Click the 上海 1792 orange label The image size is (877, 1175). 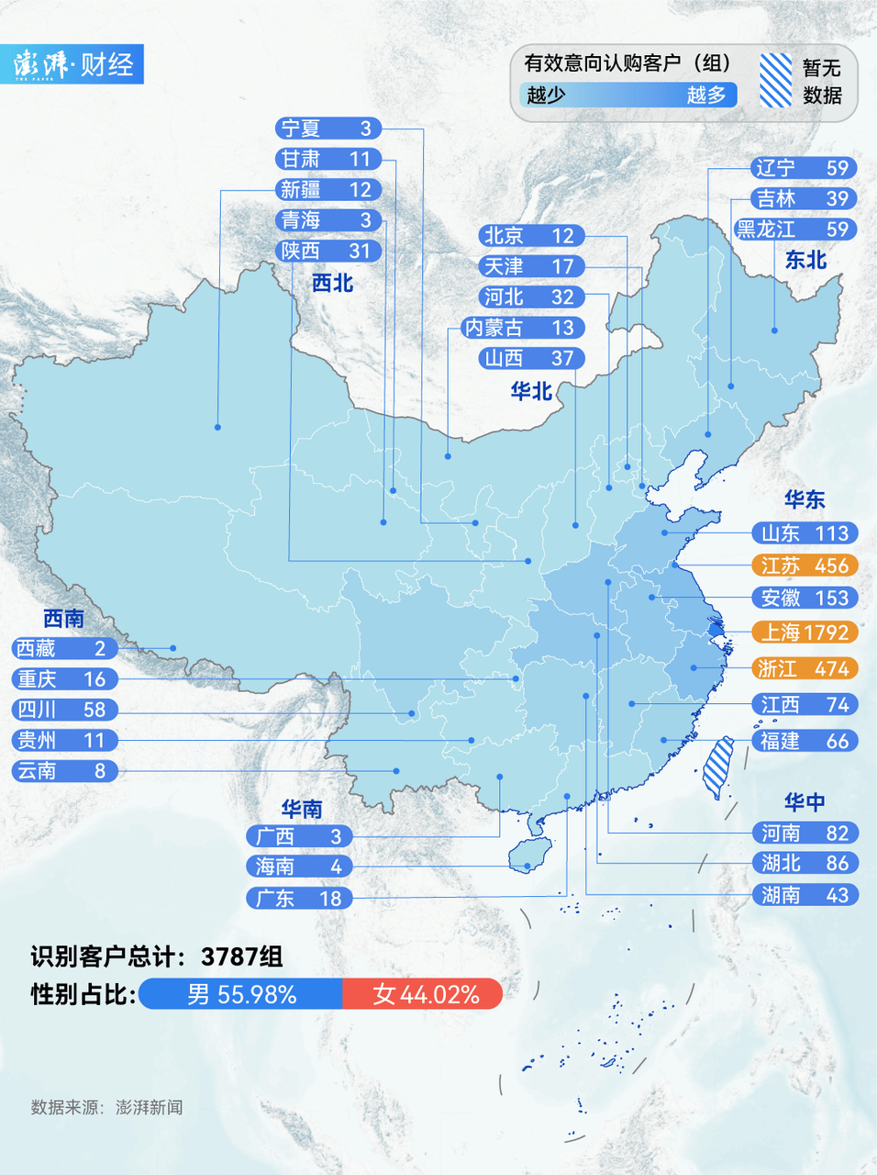click(x=805, y=632)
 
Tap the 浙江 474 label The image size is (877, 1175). click(x=805, y=668)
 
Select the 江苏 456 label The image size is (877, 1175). click(x=805, y=565)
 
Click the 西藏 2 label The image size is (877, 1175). click(x=64, y=648)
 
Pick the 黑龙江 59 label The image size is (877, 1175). click(x=794, y=229)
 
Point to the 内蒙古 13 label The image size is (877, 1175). click(x=522, y=328)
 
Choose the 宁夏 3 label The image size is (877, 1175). click(x=327, y=129)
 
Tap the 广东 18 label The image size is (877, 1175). click(x=299, y=898)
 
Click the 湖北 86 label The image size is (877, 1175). click(x=805, y=863)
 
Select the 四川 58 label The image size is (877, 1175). click(x=64, y=710)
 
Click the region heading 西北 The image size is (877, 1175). click(x=332, y=283)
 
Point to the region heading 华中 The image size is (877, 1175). click(x=804, y=802)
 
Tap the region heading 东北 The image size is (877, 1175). click(x=805, y=261)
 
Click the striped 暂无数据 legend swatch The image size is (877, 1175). click(x=775, y=80)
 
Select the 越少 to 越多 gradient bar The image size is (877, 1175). click(x=627, y=95)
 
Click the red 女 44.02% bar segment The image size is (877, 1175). click(x=422, y=994)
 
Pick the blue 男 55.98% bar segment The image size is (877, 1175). click(x=240, y=994)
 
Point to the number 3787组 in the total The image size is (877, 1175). click(x=242, y=957)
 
